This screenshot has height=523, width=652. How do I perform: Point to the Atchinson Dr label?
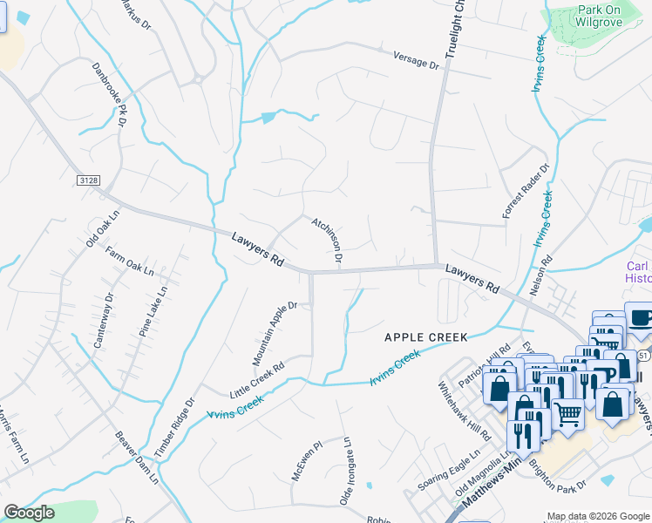tap(327, 241)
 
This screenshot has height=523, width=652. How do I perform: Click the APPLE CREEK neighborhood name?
tap(427, 336)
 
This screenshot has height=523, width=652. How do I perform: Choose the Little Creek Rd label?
tap(257, 380)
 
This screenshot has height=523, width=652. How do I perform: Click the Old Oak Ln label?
tap(102, 229)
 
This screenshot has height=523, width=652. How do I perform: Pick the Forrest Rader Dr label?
tap(526, 191)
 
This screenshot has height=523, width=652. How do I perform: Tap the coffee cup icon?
tap(640, 317)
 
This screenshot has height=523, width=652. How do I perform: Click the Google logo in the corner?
tap(29, 513)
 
